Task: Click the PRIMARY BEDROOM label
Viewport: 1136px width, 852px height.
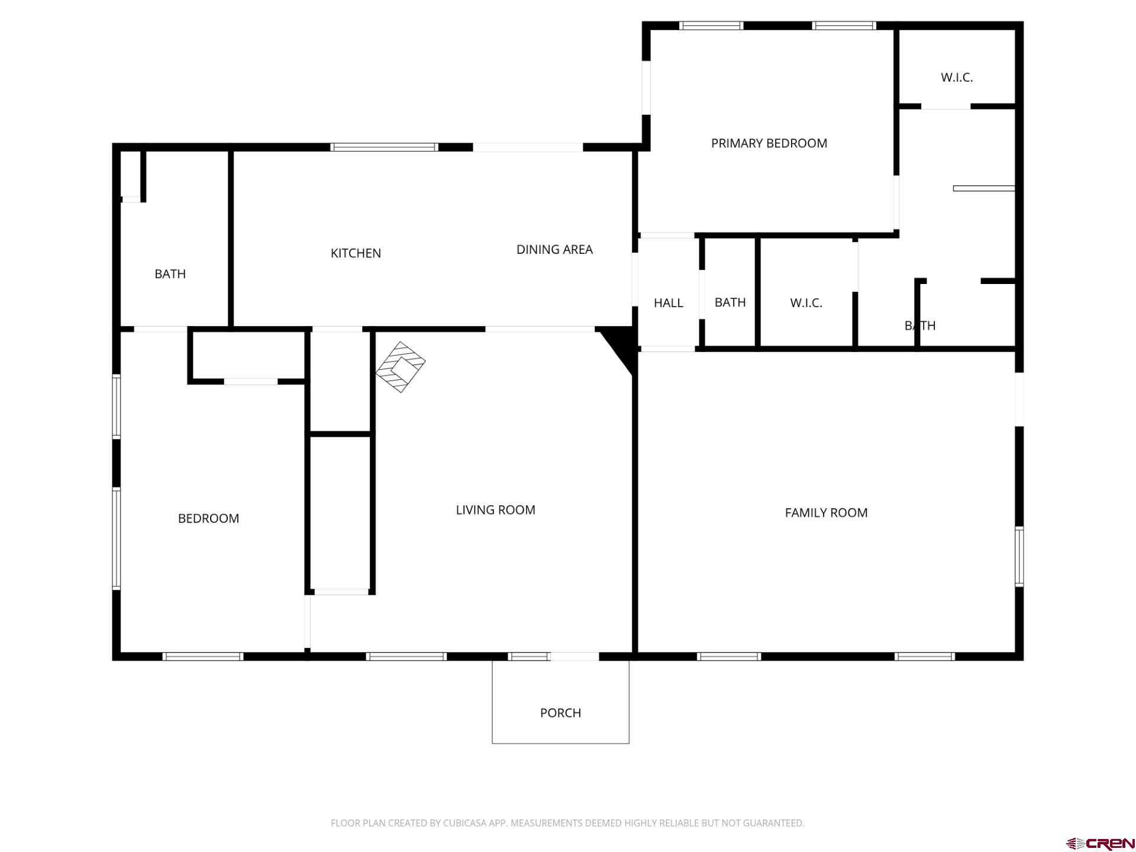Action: click(769, 143)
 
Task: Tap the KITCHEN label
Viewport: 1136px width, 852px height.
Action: click(356, 253)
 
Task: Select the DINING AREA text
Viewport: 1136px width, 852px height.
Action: click(554, 250)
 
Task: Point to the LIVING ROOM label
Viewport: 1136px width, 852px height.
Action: click(495, 510)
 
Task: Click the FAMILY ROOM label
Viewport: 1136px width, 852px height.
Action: click(826, 513)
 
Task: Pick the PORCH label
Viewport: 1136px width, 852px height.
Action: click(560, 713)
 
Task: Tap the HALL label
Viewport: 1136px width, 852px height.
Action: click(668, 303)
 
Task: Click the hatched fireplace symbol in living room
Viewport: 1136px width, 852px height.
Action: click(401, 367)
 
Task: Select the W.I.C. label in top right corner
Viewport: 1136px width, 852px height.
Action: click(957, 78)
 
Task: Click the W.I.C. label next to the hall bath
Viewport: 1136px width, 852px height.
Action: click(806, 303)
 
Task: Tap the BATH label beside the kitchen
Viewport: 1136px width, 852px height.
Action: click(170, 274)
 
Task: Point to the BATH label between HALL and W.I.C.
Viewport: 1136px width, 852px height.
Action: click(730, 302)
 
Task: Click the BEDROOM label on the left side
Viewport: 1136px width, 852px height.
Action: click(208, 518)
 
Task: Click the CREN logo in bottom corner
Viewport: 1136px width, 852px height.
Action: click(1100, 843)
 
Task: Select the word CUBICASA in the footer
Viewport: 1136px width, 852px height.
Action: click(463, 823)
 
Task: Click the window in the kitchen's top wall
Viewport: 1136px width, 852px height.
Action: click(384, 147)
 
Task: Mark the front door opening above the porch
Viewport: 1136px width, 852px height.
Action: click(574, 656)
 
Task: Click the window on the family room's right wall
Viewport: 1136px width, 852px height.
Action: click(1019, 556)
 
